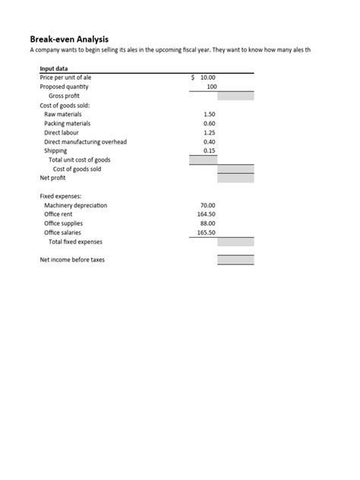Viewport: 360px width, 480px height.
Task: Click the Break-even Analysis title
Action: [69, 38]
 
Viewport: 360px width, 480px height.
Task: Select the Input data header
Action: [54, 68]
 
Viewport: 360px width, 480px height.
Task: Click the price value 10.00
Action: [208, 77]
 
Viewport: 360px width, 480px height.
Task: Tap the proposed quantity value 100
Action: [211, 87]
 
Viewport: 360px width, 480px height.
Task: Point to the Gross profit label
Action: [64, 96]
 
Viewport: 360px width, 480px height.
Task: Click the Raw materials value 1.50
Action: [210, 114]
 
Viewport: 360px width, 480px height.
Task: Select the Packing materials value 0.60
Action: [210, 123]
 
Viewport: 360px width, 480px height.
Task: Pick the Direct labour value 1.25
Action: [210, 132]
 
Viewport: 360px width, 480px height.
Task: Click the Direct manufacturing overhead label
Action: [85, 141]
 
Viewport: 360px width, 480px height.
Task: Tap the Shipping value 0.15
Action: [210, 150]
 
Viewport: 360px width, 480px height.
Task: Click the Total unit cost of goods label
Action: [79, 159]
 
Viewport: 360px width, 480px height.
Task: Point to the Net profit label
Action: [53, 178]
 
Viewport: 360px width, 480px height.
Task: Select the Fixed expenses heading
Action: [60, 196]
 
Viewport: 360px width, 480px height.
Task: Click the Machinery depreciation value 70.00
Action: [208, 205]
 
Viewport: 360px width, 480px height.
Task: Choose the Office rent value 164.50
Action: [207, 214]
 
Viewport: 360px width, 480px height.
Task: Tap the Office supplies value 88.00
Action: [208, 223]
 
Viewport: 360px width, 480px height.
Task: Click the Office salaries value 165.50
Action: [207, 232]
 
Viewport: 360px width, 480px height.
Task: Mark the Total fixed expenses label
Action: [75, 242]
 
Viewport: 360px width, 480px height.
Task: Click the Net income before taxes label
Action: [72, 260]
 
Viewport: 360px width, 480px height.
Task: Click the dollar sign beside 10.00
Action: [194, 77]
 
